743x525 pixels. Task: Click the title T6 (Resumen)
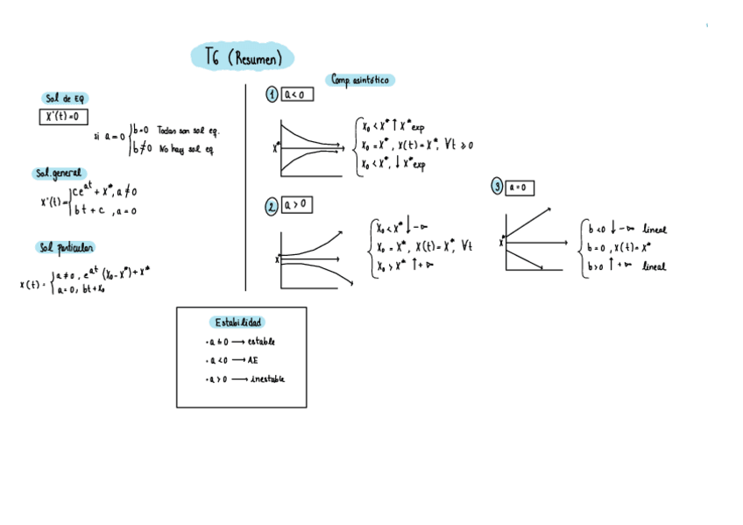coord(243,58)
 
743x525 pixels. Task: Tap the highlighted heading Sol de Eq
coord(66,98)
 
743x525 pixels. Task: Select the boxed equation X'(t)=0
coord(63,117)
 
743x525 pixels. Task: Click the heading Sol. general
coord(59,174)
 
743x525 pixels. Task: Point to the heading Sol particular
coord(66,248)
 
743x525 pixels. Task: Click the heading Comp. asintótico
coord(361,80)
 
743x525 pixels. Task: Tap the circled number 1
coord(272,95)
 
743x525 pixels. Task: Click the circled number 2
coord(272,206)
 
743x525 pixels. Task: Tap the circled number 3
coord(497,187)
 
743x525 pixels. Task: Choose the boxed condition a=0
coord(520,187)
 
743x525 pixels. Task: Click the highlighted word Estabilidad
coord(237,323)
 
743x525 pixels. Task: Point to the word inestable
coord(266,379)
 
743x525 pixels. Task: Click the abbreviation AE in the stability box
coord(252,359)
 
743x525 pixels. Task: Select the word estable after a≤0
coord(261,341)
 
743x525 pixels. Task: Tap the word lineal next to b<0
coord(653,230)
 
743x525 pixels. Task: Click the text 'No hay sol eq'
coord(187,149)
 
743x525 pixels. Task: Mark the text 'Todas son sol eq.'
coord(188,131)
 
